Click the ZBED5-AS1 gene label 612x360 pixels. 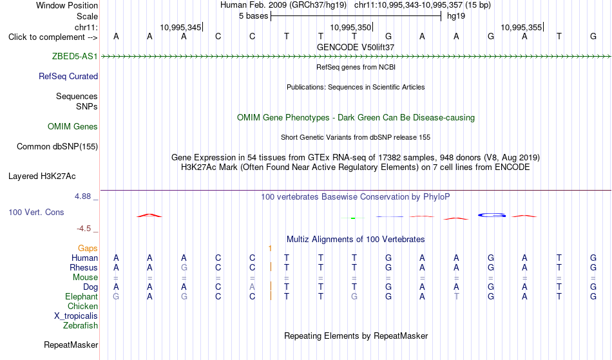(x=75, y=56)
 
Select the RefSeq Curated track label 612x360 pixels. (x=68, y=77)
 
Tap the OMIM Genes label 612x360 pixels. (x=73, y=126)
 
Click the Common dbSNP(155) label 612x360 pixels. (x=57, y=147)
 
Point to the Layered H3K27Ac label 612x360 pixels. (x=42, y=176)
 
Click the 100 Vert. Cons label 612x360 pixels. (x=36, y=212)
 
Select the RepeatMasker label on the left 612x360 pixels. (x=71, y=345)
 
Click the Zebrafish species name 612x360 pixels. (x=81, y=325)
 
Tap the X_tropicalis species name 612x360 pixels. (x=76, y=316)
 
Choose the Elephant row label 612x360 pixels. (x=81, y=296)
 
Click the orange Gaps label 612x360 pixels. (x=88, y=248)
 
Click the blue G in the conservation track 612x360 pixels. (x=492, y=215)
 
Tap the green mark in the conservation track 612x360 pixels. (x=353, y=218)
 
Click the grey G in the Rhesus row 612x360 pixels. (x=184, y=267)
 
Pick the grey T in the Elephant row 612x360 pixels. (x=456, y=296)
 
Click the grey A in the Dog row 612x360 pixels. (x=252, y=287)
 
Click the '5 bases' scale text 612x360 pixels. (x=254, y=16)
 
